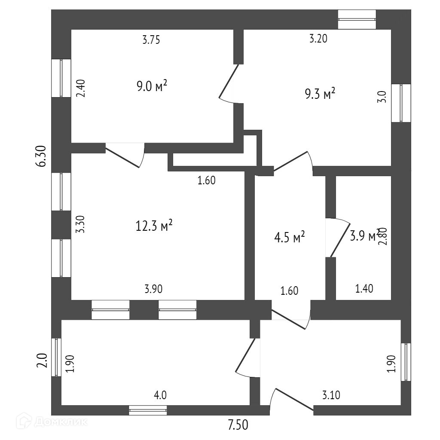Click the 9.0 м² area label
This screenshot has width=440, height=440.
click(151, 86)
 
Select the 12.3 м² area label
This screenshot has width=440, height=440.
click(154, 225)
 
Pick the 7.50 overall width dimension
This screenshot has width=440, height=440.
click(238, 425)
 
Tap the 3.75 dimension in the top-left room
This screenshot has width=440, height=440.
click(151, 40)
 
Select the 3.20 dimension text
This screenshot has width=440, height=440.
click(318, 39)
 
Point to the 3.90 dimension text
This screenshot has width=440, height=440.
click(153, 289)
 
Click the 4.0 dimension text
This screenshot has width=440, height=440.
click(160, 395)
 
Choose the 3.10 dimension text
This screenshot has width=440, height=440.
click(331, 395)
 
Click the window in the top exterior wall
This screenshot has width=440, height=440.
click(357, 20)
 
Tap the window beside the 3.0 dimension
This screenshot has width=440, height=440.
click(401, 103)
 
